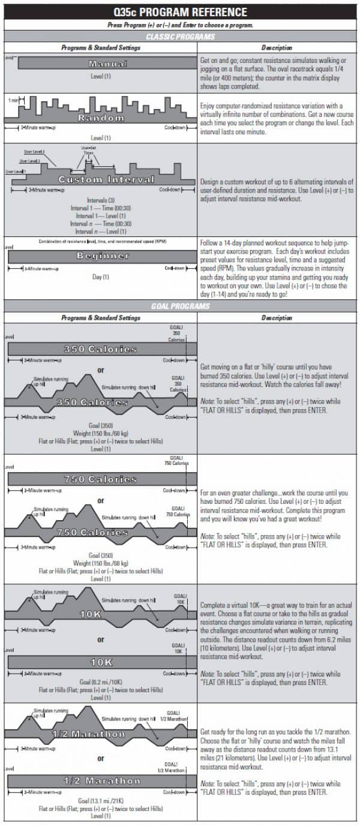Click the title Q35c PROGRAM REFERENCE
click(180, 12)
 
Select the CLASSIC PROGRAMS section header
click(180, 37)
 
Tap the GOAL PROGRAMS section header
click(180, 306)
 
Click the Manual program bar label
click(100, 64)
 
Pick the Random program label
click(100, 118)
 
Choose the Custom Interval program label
click(106, 180)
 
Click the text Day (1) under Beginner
click(100, 277)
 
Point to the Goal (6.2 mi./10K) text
click(100, 682)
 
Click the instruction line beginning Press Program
click(180, 25)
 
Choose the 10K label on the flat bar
click(100, 662)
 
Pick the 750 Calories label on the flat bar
click(100, 479)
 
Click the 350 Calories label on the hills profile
click(100, 403)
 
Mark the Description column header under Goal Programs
click(277, 317)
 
